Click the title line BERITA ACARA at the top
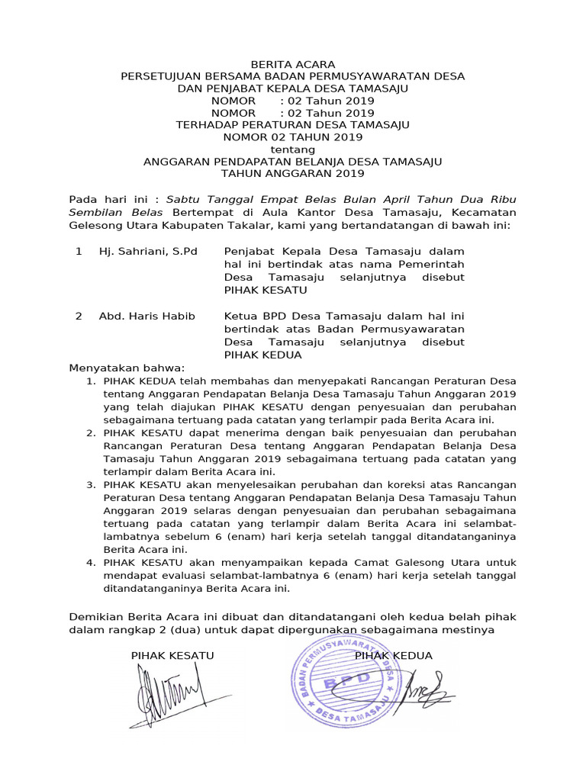[x=293, y=64]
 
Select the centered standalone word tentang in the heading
[x=293, y=149]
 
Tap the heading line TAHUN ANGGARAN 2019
[x=293, y=174]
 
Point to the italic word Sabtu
[x=181, y=198]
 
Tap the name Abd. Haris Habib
[x=146, y=317]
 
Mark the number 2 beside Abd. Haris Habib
[x=79, y=317]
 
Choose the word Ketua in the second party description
[x=239, y=317]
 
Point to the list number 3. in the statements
[x=90, y=484]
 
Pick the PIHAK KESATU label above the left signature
[x=172, y=656]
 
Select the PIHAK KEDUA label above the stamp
[x=393, y=656]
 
